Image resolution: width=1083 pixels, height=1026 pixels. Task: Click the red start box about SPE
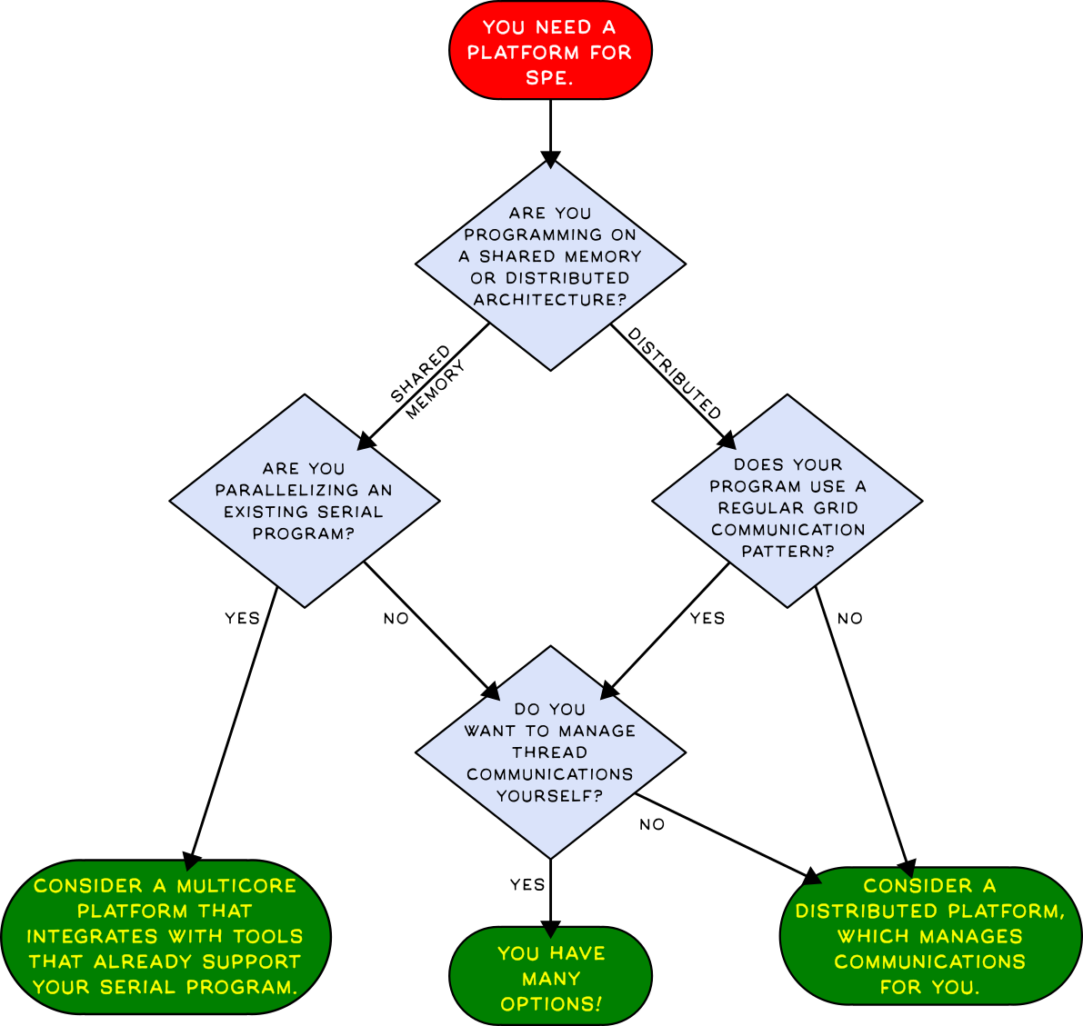pyautogui.click(x=550, y=51)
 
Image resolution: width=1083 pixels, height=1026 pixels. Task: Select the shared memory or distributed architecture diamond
pyautogui.click(x=550, y=264)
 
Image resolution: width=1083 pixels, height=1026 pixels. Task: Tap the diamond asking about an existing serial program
pyautogui.click(x=304, y=501)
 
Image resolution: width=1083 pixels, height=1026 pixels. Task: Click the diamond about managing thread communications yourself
pyautogui.click(x=550, y=752)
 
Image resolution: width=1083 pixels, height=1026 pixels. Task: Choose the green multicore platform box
pyautogui.click(x=165, y=936)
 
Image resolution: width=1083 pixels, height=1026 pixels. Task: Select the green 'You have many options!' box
pyautogui.click(x=550, y=978)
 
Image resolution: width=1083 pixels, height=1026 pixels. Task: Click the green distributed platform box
pyautogui.click(x=929, y=936)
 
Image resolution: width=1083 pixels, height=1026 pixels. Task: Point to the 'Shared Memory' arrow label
pyautogui.click(x=426, y=382)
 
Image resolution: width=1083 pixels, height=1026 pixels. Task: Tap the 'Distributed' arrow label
pyautogui.click(x=676, y=374)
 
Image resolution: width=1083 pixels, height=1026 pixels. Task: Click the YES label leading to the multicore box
pyautogui.click(x=242, y=618)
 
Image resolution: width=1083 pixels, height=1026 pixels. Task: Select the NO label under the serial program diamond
pyautogui.click(x=396, y=618)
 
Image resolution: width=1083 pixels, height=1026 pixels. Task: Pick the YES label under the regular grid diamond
pyautogui.click(x=707, y=618)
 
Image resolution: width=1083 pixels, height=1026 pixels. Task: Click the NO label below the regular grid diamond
pyautogui.click(x=849, y=618)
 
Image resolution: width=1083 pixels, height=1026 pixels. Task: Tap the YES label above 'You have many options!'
pyautogui.click(x=527, y=884)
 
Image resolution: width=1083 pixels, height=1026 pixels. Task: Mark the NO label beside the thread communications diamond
pyautogui.click(x=652, y=824)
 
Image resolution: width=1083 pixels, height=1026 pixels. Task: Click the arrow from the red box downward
pyautogui.click(x=550, y=132)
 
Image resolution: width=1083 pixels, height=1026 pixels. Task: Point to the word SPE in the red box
pyautogui.click(x=549, y=78)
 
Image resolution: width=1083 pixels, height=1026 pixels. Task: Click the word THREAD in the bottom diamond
pyautogui.click(x=549, y=752)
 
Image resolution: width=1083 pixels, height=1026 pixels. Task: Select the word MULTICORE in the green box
pyautogui.click(x=236, y=886)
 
